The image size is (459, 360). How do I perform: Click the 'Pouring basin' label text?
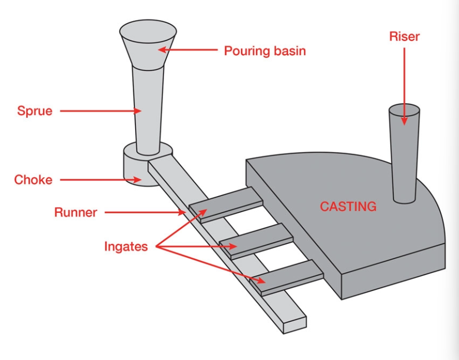(x=265, y=51)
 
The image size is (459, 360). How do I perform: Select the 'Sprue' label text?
(x=34, y=111)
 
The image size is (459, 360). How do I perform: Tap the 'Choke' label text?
(x=33, y=180)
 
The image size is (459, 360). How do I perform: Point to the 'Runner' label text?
(x=76, y=212)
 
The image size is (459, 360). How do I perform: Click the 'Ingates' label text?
(x=126, y=247)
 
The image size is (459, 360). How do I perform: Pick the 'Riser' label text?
(x=404, y=37)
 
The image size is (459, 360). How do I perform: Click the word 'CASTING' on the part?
(x=348, y=207)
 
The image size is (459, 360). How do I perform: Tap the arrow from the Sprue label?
(x=100, y=111)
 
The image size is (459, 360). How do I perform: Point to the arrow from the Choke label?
(x=100, y=180)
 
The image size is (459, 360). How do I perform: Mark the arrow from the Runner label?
(x=144, y=212)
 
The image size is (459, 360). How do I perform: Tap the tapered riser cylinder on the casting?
(x=404, y=156)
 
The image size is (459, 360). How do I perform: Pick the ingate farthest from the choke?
(x=286, y=277)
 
